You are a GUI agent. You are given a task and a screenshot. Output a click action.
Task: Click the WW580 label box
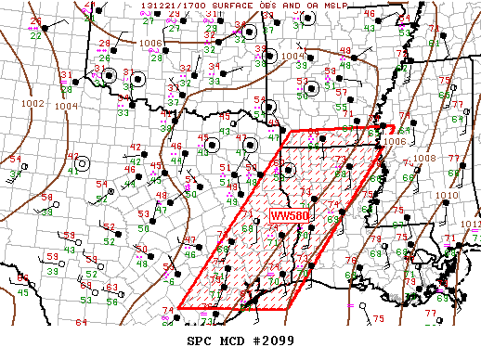tap(289, 215)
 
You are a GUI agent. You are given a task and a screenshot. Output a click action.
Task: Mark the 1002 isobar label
tap(33, 103)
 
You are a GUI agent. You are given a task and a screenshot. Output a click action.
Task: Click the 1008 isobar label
tap(424, 158)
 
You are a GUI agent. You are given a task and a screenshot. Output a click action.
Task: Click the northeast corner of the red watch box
tap(395, 127)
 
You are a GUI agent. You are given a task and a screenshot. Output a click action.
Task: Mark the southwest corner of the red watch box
tap(178, 306)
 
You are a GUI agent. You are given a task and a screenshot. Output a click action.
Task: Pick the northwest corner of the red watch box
tap(291, 131)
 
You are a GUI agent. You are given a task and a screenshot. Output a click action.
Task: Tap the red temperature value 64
tap(81, 322)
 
